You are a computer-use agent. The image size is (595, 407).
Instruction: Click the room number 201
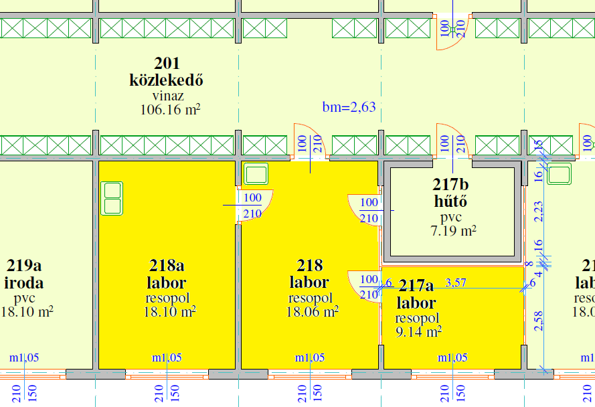click(167, 64)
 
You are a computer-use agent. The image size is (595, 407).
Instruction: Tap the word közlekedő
click(166, 80)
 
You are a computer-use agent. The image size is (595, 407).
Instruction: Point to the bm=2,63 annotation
click(349, 107)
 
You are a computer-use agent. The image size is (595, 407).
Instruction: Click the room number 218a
click(167, 266)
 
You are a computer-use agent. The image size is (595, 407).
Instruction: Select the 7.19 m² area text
click(453, 232)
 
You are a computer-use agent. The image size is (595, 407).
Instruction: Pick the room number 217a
click(416, 287)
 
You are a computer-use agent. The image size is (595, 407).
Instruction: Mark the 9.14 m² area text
click(418, 332)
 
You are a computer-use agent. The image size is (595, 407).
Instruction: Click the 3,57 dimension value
click(456, 283)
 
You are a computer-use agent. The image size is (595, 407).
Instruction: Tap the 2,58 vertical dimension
click(539, 321)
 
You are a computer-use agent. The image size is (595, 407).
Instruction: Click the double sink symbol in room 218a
click(112, 198)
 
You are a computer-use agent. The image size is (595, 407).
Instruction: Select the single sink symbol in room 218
click(255, 174)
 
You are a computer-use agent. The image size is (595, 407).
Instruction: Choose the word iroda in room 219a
click(25, 283)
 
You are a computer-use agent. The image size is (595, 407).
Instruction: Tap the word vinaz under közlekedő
click(166, 96)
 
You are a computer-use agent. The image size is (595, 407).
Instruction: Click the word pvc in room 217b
click(451, 218)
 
